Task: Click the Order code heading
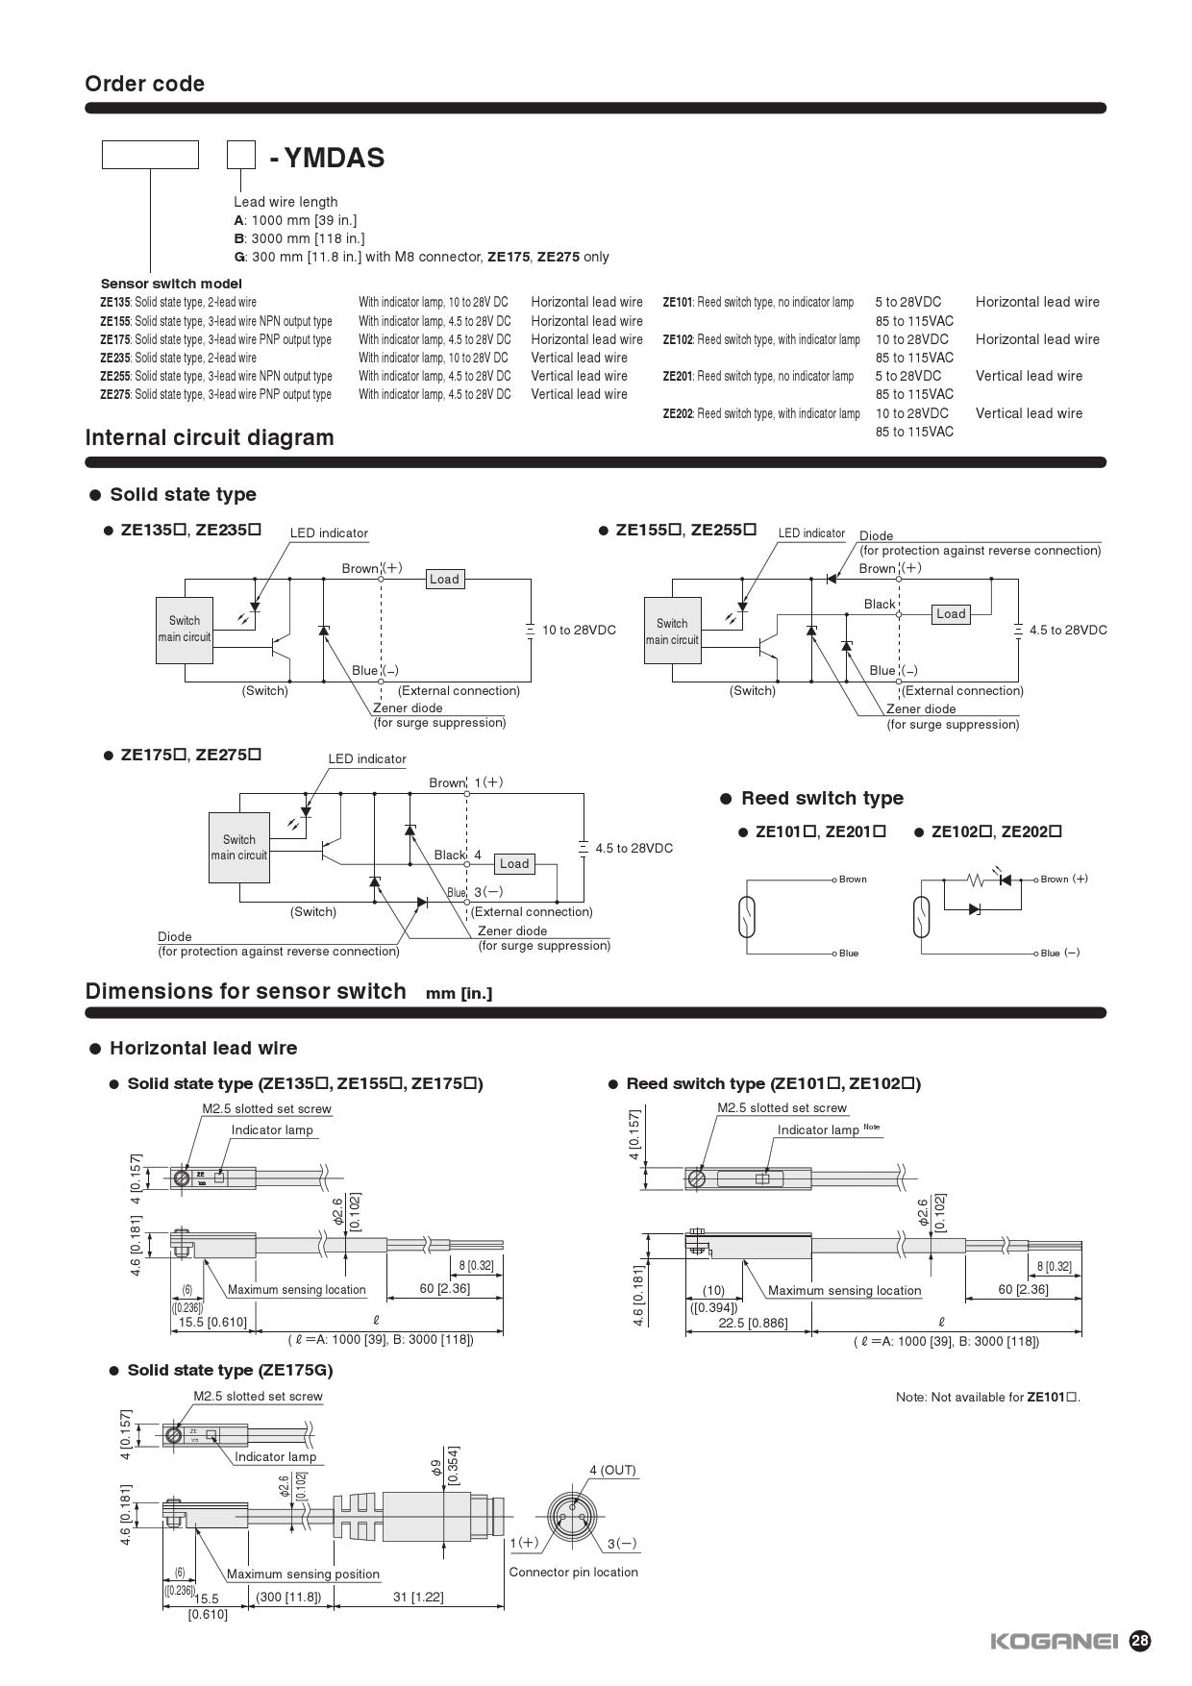tap(144, 84)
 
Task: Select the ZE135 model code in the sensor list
tap(115, 302)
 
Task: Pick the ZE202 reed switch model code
tap(678, 413)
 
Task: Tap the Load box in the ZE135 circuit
tap(444, 579)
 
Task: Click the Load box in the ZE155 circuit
tap(951, 613)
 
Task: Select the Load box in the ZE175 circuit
tap(514, 863)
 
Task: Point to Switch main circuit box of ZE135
tap(184, 629)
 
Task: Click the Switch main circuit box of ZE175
tap(238, 847)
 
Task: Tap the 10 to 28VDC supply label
tap(579, 630)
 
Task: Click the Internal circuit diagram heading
tap(210, 437)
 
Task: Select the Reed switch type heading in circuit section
tap(822, 798)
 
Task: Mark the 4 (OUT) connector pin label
tap(612, 1470)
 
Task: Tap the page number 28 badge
tap(1139, 1641)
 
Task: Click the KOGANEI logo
tap(1055, 1641)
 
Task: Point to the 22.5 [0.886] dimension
tap(753, 1323)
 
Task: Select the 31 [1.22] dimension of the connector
tap(418, 1597)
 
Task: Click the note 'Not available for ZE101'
tap(987, 1397)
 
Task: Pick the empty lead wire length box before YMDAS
tap(241, 155)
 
